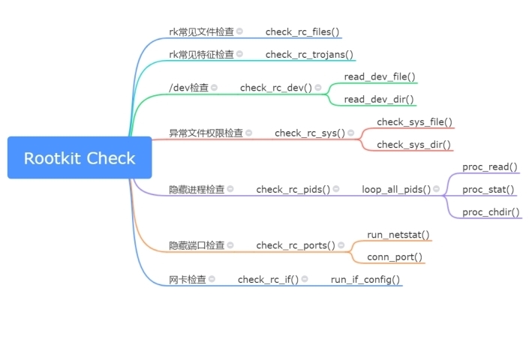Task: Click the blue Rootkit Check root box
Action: point(80,157)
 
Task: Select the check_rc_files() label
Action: point(302,31)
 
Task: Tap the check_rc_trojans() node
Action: point(309,55)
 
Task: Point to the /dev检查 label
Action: point(188,88)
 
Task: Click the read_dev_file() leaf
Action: point(380,77)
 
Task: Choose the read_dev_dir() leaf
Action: point(379,100)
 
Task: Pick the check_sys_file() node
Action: point(415,122)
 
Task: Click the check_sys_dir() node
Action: point(414,145)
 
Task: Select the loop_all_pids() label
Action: point(396,190)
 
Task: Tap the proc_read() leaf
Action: point(490,167)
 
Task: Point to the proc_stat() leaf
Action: point(488,190)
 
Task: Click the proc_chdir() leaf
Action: point(491,212)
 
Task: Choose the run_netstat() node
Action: point(398,235)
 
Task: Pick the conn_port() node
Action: point(395,257)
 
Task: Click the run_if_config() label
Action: point(365,280)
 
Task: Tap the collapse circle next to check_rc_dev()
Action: point(318,88)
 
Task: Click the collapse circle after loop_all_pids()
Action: point(437,189)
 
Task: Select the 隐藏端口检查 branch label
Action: point(197,245)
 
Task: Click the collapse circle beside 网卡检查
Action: point(212,279)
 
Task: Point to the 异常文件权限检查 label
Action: point(206,133)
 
